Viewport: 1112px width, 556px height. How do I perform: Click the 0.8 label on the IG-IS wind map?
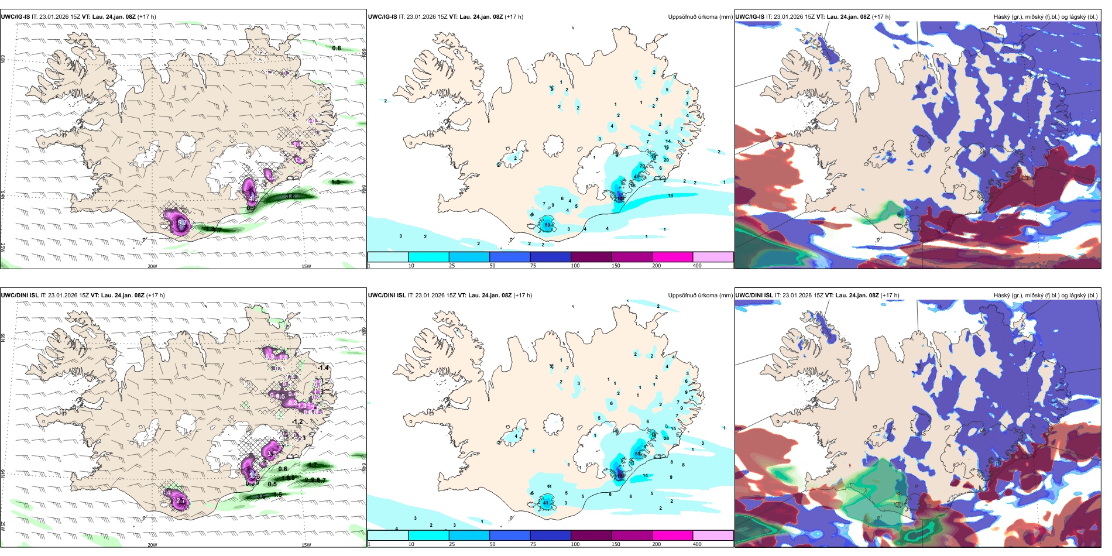click(x=337, y=48)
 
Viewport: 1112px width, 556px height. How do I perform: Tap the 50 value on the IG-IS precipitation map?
click(x=548, y=225)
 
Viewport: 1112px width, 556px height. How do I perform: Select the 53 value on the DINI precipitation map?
click(x=637, y=454)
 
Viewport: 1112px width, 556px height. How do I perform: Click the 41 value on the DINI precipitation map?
click(x=546, y=503)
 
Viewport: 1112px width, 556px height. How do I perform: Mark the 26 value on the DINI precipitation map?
click(x=666, y=438)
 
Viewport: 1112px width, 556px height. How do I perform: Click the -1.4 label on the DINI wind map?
click(x=322, y=368)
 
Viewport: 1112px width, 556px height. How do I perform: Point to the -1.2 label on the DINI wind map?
click(x=297, y=421)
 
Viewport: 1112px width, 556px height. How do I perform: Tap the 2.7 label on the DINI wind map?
click(x=181, y=501)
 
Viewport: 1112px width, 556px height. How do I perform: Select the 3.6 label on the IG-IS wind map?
click(x=291, y=197)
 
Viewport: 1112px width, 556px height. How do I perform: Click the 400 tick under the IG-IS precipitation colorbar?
click(x=697, y=266)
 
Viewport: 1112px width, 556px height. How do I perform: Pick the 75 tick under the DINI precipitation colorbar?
click(x=533, y=544)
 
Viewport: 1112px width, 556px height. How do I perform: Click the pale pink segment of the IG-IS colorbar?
click(x=713, y=257)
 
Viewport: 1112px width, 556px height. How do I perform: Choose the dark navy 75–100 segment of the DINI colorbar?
click(x=550, y=536)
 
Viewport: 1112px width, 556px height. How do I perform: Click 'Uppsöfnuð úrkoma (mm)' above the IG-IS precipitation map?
click(x=700, y=17)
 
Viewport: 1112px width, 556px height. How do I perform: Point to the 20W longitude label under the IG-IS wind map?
click(x=152, y=266)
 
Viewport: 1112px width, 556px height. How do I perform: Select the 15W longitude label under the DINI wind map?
click(x=306, y=545)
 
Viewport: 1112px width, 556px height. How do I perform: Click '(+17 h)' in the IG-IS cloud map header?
click(x=881, y=17)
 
